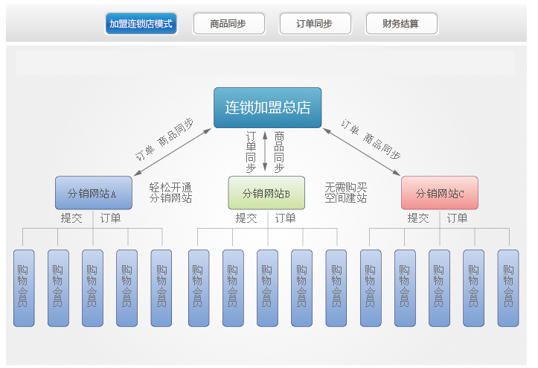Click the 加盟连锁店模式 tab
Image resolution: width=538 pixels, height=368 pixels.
(141, 24)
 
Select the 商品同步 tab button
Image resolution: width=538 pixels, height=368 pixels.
(228, 24)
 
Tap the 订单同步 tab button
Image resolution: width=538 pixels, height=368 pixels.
(315, 24)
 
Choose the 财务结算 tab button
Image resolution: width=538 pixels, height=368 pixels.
(401, 24)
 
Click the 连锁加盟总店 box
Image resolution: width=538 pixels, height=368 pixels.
(268, 108)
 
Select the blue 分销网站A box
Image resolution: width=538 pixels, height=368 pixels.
(93, 193)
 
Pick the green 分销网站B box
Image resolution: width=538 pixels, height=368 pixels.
(266, 193)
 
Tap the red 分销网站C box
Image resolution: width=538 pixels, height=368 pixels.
(439, 193)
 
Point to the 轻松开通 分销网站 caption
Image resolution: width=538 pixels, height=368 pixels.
(170, 192)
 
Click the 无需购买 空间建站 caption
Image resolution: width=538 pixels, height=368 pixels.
(346, 192)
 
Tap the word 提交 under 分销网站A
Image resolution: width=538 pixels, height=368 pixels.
(71, 218)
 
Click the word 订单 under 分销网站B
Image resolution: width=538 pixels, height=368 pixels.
(285, 218)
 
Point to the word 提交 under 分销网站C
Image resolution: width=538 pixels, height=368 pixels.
(418, 218)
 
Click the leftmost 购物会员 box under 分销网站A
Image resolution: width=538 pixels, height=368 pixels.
(24, 288)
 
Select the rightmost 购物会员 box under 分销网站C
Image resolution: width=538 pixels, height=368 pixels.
(508, 288)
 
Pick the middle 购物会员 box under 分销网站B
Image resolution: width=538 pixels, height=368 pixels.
(267, 288)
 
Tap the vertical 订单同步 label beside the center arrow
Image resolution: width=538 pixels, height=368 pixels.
(252, 152)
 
